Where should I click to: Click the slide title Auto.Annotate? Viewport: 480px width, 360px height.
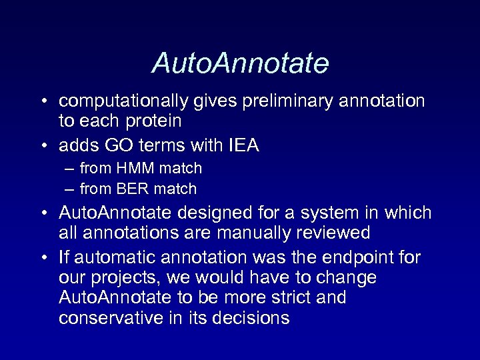(x=240, y=64)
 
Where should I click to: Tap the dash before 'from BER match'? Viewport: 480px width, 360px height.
(x=69, y=189)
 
